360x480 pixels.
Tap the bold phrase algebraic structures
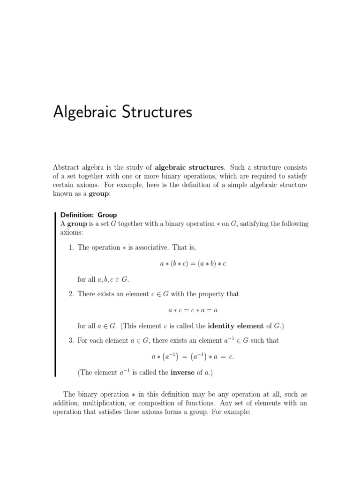190,167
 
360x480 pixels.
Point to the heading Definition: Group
89,215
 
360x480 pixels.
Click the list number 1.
71,247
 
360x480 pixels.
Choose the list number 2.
71,294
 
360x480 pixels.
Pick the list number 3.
71,340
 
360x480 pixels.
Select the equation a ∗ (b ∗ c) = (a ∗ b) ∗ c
193,264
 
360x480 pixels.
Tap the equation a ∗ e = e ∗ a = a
193,310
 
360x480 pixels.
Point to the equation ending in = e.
193,357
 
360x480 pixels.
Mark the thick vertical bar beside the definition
56,294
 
